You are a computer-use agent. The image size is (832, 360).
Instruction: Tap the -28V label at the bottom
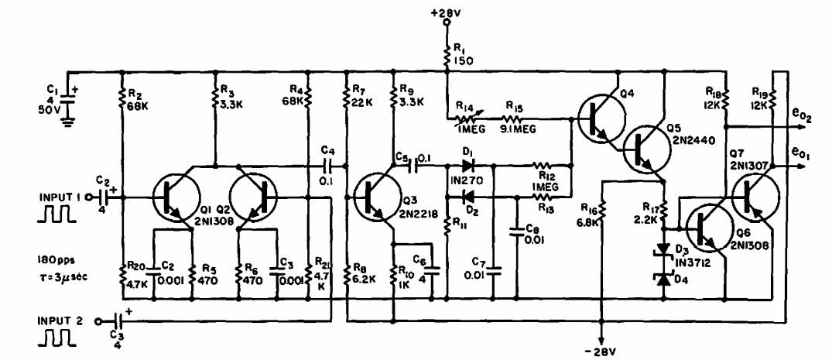coord(603,352)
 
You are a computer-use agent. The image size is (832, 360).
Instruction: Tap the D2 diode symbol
coord(468,197)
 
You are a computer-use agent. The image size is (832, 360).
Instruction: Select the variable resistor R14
coord(467,120)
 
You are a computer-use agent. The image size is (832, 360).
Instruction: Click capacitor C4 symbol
coord(330,166)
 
